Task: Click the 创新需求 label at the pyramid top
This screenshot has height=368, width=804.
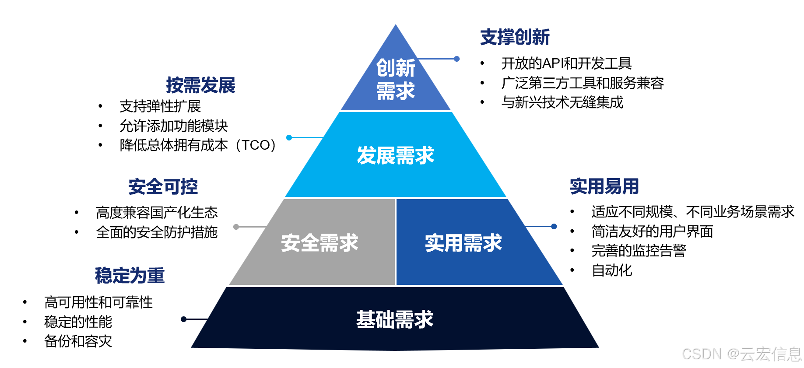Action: pyautogui.click(x=395, y=79)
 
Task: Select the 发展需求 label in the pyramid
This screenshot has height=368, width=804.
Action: pyautogui.click(x=395, y=155)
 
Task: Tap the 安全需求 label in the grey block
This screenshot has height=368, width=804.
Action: pyautogui.click(x=319, y=243)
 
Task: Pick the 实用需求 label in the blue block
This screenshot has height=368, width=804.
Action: pyautogui.click(x=463, y=243)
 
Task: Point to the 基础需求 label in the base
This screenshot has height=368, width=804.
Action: pyautogui.click(x=394, y=319)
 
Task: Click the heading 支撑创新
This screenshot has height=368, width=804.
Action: pyautogui.click(x=515, y=37)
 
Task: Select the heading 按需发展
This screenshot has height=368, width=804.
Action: pyautogui.click(x=200, y=85)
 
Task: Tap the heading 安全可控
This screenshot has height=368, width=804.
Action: pyautogui.click(x=163, y=187)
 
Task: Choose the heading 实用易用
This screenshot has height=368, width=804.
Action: pyautogui.click(x=604, y=186)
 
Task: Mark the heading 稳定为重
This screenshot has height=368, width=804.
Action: pyautogui.click(x=130, y=276)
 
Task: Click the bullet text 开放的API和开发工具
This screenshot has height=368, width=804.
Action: pyautogui.click(x=566, y=63)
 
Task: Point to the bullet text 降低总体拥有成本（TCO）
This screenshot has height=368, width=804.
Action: pyautogui.click(x=198, y=145)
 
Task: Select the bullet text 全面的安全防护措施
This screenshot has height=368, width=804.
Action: pyautogui.click(x=157, y=232)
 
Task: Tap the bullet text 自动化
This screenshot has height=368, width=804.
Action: pyautogui.click(x=612, y=270)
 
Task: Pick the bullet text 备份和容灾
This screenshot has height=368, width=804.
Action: pyautogui.click(x=78, y=341)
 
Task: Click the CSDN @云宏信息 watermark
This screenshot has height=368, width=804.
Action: pyautogui.click(x=741, y=354)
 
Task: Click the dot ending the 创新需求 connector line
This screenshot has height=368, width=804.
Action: pyautogui.click(x=456, y=59)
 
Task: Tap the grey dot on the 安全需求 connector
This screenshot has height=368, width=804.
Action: pyautogui.click(x=236, y=227)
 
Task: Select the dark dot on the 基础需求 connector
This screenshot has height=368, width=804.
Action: pyautogui.click(x=184, y=319)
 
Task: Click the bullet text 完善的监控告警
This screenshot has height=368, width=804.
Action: pyautogui.click(x=639, y=251)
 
